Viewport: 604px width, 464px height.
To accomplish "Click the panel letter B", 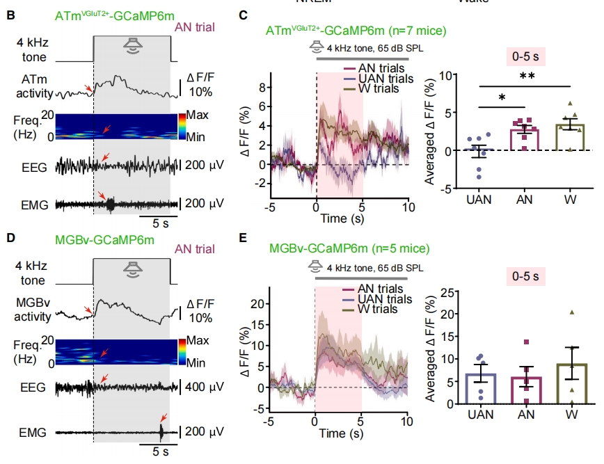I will (x=10, y=15).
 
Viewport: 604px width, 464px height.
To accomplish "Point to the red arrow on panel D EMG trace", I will (x=163, y=417).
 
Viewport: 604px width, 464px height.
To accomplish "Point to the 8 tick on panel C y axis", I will (x=264, y=88).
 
